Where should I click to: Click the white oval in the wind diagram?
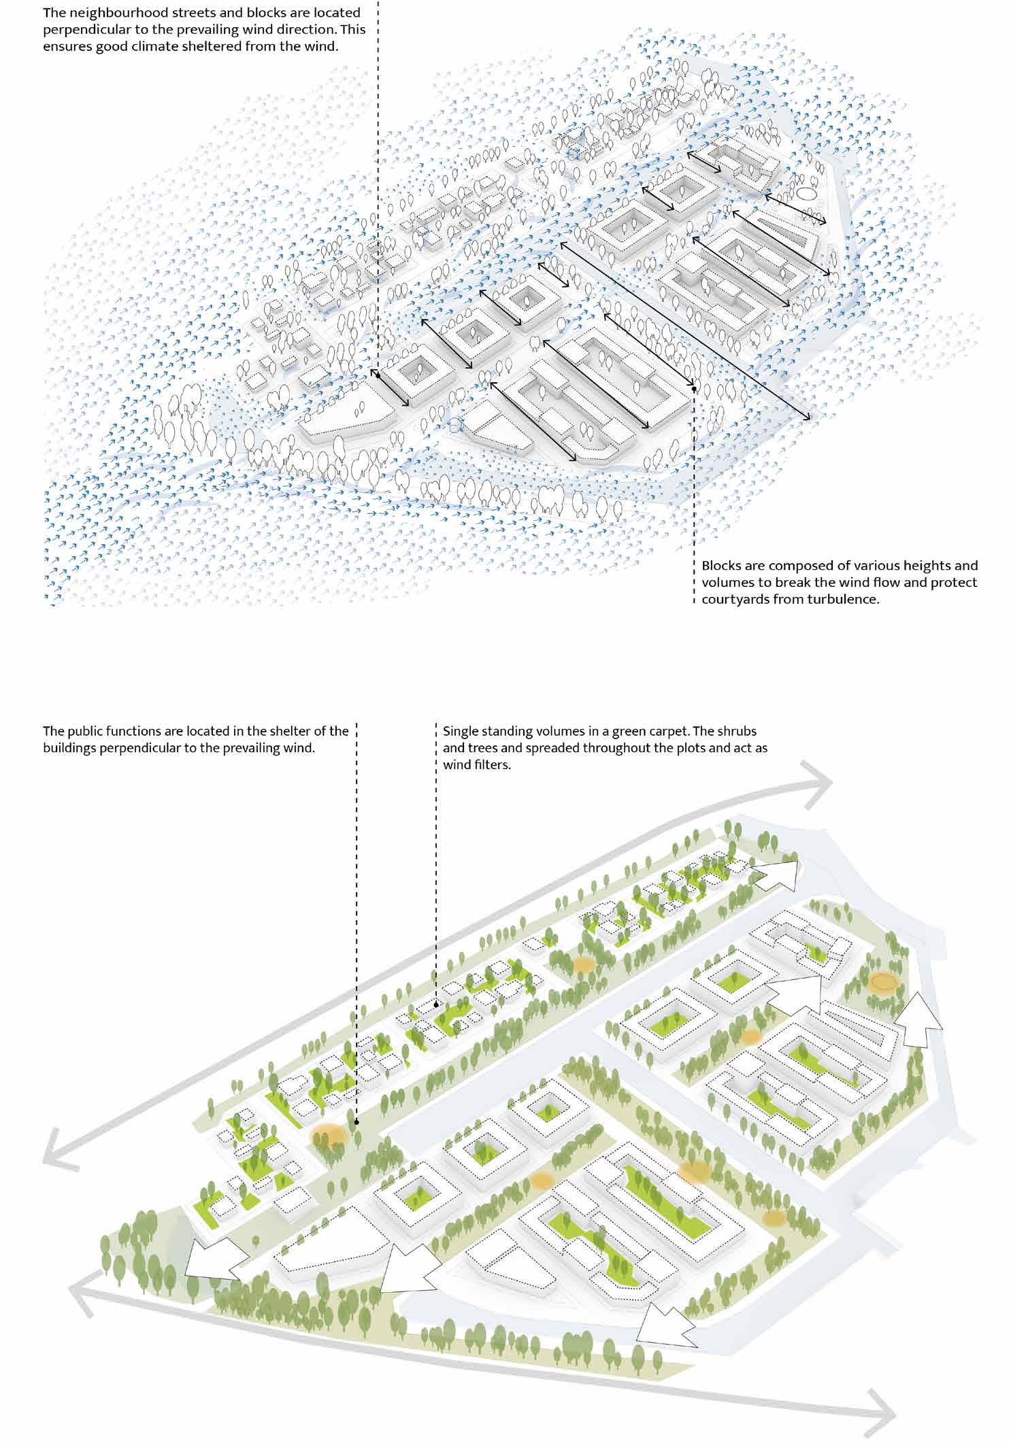(x=808, y=194)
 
